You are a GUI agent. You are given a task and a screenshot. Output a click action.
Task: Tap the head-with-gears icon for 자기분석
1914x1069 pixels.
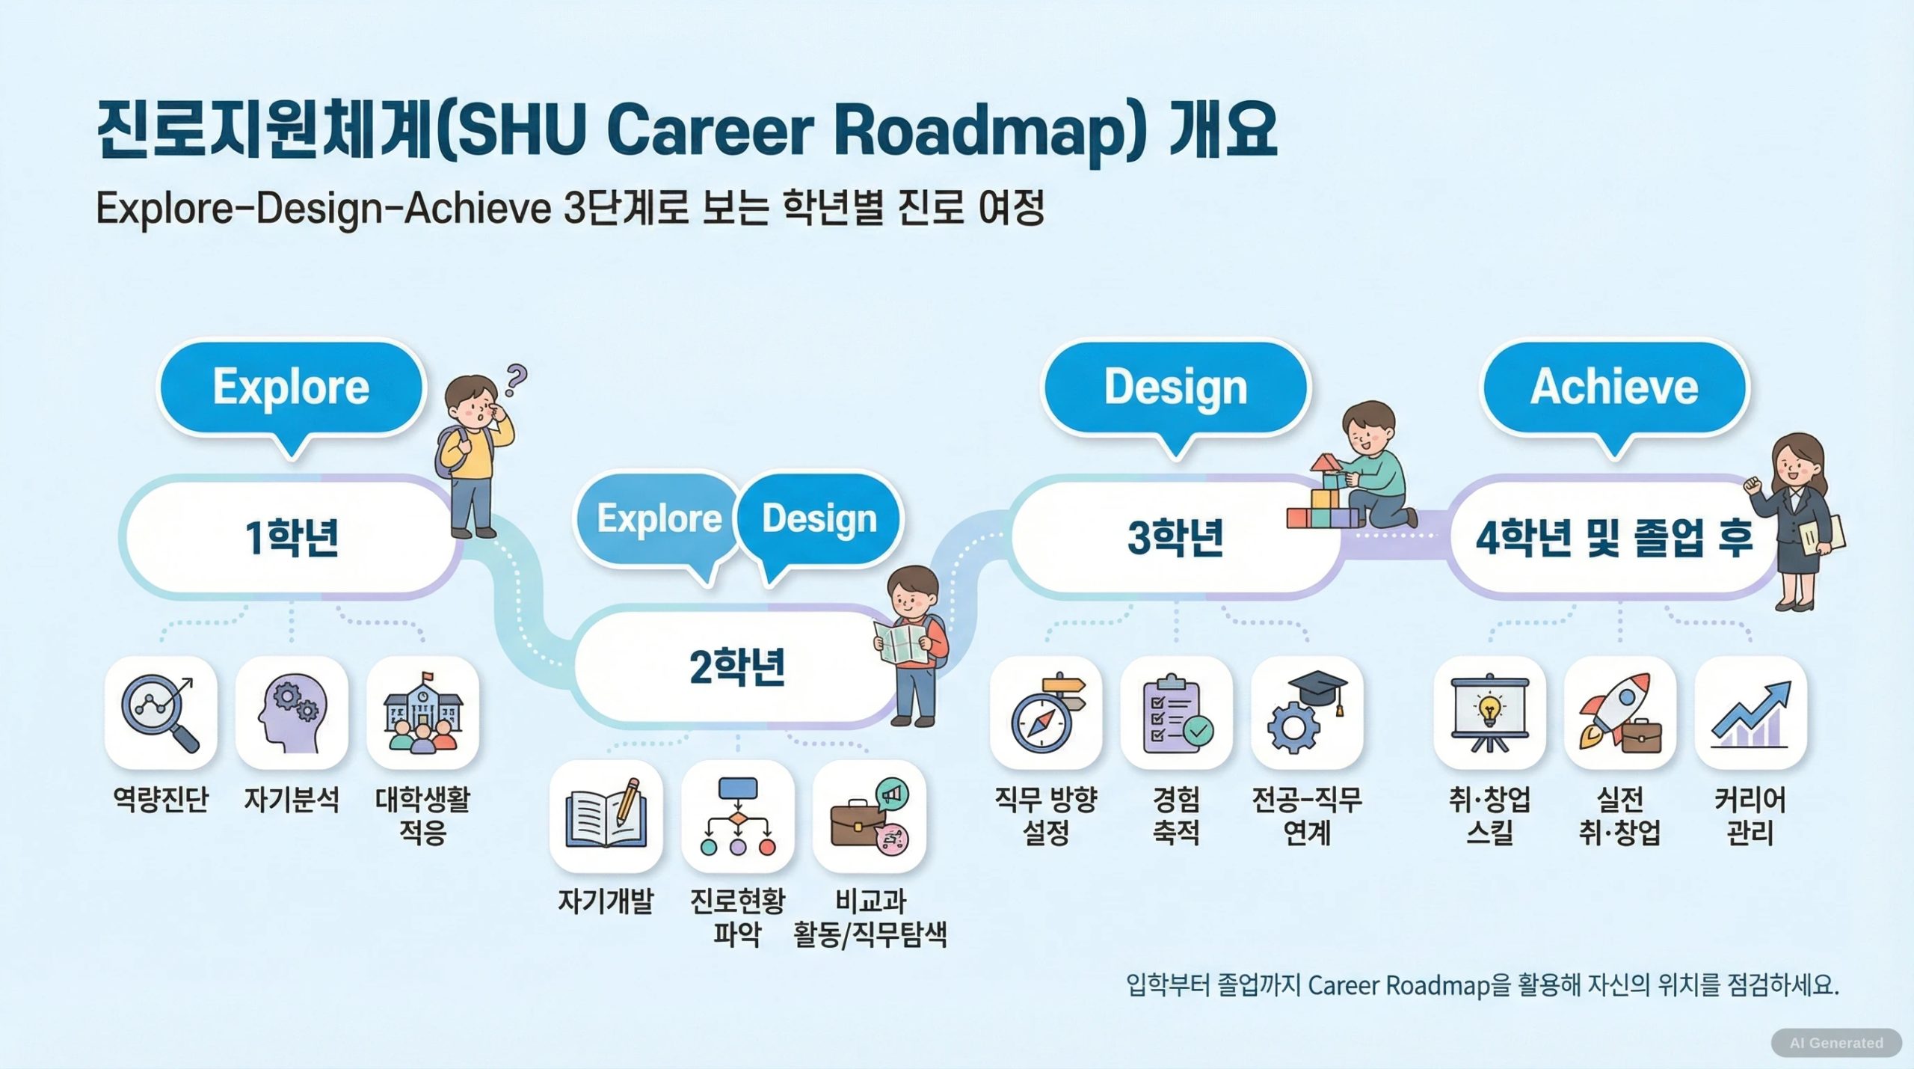pos(291,713)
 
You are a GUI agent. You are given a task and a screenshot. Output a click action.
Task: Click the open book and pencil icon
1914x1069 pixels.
pos(606,816)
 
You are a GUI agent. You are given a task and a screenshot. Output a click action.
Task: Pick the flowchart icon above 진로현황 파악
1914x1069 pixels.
pos(737,816)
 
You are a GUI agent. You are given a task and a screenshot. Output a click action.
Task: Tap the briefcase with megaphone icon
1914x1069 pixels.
pos(869,816)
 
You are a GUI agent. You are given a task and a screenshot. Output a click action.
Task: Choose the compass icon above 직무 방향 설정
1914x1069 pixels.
pos(1046,713)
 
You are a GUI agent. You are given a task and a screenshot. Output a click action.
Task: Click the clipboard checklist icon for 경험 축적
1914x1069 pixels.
pos(1176,713)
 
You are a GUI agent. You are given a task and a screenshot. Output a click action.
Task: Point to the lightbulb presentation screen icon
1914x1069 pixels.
pos(1489,713)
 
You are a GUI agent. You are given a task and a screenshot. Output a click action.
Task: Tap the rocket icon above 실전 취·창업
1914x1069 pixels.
pos(1620,713)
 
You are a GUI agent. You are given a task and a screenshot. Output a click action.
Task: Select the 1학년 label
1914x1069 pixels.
pos(292,537)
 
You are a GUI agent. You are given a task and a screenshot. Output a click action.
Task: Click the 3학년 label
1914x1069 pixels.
pos(1175,537)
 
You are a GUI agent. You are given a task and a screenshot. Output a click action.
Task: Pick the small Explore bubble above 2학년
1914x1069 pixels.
pos(658,524)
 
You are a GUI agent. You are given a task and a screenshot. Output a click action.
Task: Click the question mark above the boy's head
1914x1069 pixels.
pos(515,380)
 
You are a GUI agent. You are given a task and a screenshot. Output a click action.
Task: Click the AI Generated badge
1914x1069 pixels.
pos(1836,1043)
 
